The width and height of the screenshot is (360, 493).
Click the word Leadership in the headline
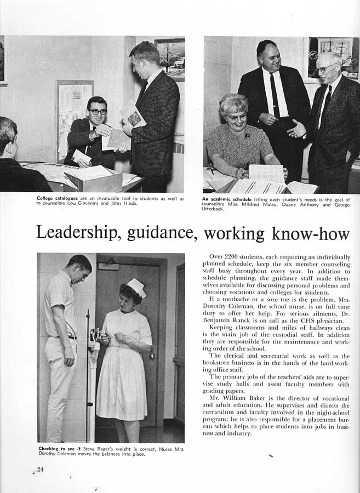[79, 233]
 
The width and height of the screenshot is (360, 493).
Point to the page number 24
[40, 469]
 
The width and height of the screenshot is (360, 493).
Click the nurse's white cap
[136, 287]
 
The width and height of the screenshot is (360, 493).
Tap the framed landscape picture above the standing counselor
[169, 59]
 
